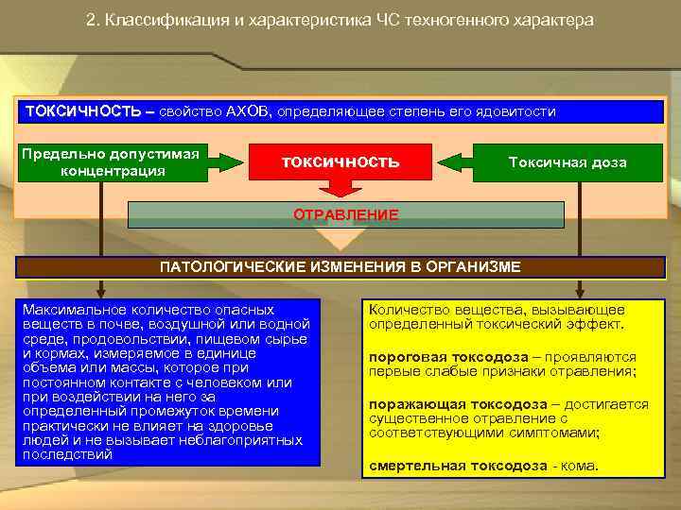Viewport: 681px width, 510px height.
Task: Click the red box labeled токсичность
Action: click(x=340, y=162)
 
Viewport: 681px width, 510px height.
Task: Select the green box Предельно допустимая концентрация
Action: click(x=112, y=162)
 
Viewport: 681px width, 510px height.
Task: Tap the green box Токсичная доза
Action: click(x=567, y=162)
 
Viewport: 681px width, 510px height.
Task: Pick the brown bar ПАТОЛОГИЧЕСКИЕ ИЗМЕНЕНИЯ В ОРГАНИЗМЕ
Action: click(x=340, y=266)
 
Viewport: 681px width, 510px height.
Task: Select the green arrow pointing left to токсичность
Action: click(x=457, y=162)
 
